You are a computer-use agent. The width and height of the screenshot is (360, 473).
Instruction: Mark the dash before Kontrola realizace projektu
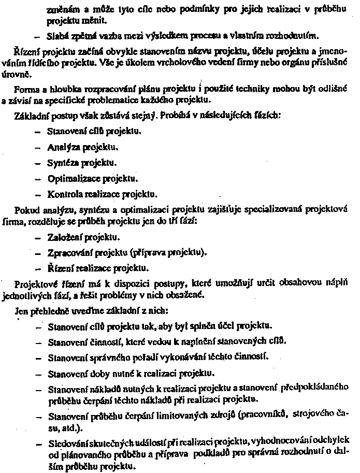(37, 195)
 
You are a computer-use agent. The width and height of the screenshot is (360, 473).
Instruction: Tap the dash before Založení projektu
(37, 238)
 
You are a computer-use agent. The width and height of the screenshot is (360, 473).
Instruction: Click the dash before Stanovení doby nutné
(37, 373)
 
